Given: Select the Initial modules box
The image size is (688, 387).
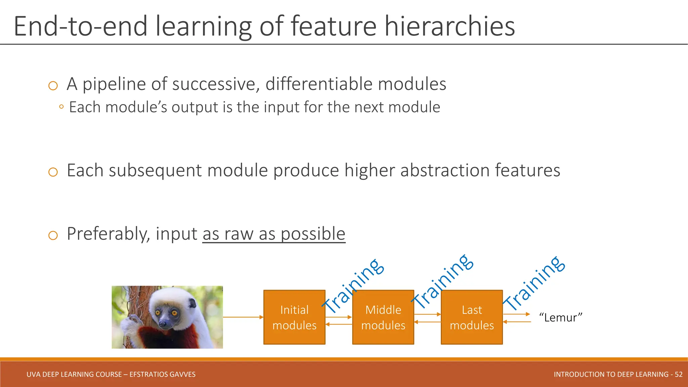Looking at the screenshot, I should point(294,317).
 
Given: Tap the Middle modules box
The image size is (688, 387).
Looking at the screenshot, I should point(383,317).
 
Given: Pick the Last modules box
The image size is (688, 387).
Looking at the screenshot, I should point(472,317).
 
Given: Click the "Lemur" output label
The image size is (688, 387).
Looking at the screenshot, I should point(560,317).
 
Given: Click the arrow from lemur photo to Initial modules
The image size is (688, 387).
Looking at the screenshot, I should point(243,317).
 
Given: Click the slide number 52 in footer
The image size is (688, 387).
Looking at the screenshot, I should point(678,374).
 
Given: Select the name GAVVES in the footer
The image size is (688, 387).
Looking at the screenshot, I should point(181,374).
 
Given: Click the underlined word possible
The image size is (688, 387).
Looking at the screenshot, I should point(313,234).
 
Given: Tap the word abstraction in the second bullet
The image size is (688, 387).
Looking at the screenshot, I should point(445,170).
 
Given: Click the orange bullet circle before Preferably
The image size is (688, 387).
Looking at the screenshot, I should point(53,235).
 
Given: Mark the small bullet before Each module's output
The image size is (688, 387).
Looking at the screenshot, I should point(61,107).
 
